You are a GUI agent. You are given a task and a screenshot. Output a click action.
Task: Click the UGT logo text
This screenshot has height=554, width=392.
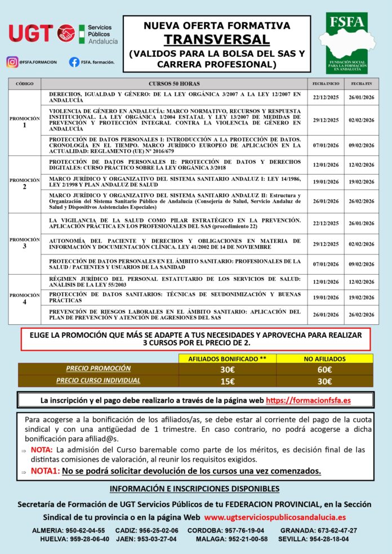31,33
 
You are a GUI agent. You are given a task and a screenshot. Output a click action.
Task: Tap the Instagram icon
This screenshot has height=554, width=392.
12,62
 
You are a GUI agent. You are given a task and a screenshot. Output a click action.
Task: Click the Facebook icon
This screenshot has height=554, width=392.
74,62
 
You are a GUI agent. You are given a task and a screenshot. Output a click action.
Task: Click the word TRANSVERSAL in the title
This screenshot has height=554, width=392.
217,39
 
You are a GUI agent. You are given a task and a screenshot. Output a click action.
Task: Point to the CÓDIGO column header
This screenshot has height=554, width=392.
25,83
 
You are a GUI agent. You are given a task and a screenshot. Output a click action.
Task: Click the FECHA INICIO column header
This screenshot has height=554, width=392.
326,83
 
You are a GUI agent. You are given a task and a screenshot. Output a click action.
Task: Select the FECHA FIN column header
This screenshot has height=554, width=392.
361,83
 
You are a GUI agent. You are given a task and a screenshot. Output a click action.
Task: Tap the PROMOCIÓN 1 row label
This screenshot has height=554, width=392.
25,122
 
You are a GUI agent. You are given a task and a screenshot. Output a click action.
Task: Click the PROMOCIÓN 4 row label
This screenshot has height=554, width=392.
25,298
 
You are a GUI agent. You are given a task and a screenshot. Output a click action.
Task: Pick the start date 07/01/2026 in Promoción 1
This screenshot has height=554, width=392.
326,145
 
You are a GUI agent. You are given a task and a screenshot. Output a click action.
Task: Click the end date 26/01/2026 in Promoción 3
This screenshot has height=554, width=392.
361,224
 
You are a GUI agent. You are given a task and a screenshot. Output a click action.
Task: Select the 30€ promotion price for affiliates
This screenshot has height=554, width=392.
228,370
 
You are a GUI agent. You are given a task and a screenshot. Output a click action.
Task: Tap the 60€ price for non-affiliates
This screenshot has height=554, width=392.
324,370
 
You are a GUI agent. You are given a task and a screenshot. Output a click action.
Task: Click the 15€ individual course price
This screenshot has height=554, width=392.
228,381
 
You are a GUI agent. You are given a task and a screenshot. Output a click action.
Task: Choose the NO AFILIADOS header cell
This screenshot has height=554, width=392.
324,358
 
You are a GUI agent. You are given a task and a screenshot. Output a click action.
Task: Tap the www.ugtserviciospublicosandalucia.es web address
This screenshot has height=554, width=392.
275,517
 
